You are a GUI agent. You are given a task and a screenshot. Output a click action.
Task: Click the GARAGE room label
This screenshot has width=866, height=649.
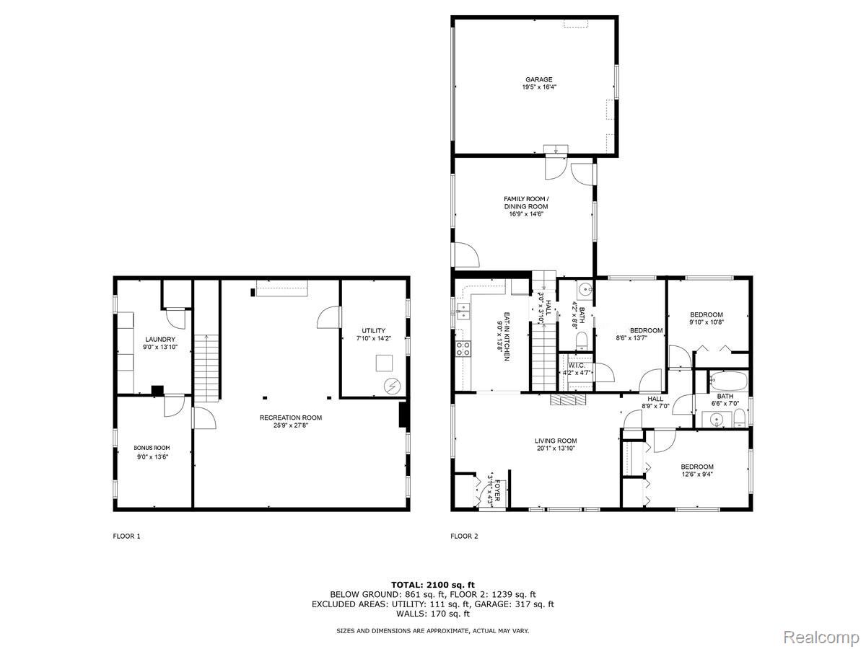[538, 79]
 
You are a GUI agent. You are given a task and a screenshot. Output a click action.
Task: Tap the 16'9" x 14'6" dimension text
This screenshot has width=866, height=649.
[526, 214]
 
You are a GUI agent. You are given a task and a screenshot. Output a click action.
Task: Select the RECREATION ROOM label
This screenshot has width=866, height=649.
[290, 418]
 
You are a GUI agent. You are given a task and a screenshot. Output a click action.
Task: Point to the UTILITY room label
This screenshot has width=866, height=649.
[373, 330]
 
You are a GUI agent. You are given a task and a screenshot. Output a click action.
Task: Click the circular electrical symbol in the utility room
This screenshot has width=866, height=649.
[393, 387]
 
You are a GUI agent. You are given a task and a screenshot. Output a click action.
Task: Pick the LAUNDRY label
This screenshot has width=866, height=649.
[159, 339]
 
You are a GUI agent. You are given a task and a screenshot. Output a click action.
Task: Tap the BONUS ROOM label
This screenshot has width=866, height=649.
[152, 448]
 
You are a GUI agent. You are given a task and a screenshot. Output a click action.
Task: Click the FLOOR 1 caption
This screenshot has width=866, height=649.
[126, 536]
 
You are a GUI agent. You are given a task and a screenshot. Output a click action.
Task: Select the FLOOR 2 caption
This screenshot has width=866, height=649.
[464, 536]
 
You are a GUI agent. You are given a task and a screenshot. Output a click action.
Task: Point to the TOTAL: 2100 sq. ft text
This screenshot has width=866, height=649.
[433, 585]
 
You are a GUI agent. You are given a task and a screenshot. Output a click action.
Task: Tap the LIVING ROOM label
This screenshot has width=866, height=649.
[556, 441]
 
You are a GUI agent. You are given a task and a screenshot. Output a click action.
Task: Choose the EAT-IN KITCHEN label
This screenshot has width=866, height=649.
[507, 337]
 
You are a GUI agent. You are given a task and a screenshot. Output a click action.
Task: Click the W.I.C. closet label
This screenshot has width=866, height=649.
[577, 366]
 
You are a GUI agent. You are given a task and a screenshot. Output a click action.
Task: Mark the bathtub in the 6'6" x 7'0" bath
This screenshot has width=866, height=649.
[728, 381]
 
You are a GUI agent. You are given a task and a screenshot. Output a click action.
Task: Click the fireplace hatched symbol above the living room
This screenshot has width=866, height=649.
[569, 399]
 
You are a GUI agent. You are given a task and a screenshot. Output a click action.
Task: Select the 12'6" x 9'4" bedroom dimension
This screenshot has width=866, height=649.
[696, 474]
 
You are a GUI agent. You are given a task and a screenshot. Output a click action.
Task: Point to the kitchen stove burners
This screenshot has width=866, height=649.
[463, 348]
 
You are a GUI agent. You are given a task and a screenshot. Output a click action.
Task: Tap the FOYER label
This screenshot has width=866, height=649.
[497, 490]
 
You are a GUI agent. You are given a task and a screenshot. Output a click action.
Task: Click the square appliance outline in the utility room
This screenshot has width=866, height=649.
[384, 363]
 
